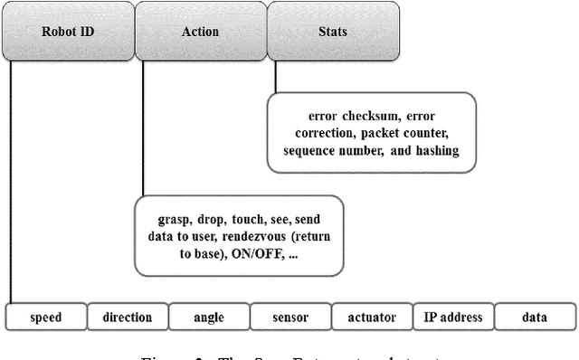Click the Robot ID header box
tap(68, 32)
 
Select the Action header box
tap(200, 32)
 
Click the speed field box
tap(45, 317)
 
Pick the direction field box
tap(127, 317)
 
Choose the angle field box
tap(208, 317)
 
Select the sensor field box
tap(289, 317)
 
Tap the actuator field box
tap(371, 317)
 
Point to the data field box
tap(534, 317)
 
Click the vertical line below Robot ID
tap(11, 181)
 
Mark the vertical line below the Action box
tap(142, 127)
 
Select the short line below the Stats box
tap(275, 78)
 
